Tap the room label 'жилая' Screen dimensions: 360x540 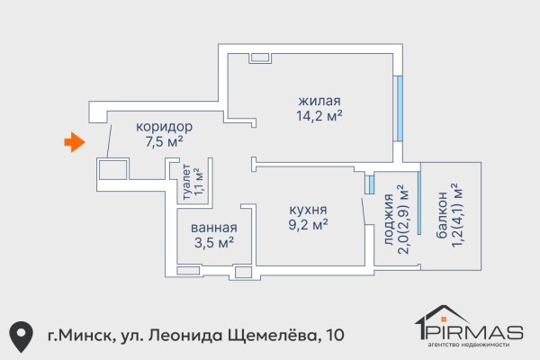pyautogui.click(x=319, y=100)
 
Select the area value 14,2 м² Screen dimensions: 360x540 pyautogui.click(x=319, y=115)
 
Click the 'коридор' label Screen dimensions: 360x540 pyautogui.click(x=164, y=126)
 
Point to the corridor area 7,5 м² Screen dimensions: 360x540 pyautogui.click(x=164, y=141)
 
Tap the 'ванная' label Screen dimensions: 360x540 pyautogui.click(x=213, y=227)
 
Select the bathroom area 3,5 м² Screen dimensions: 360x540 pyautogui.click(x=213, y=242)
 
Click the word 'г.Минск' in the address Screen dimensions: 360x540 pyautogui.click(x=79, y=336)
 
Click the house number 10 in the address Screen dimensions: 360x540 pyautogui.click(x=335, y=336)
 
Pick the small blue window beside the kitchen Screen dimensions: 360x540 pyautogui.click(x=369, y=184)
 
